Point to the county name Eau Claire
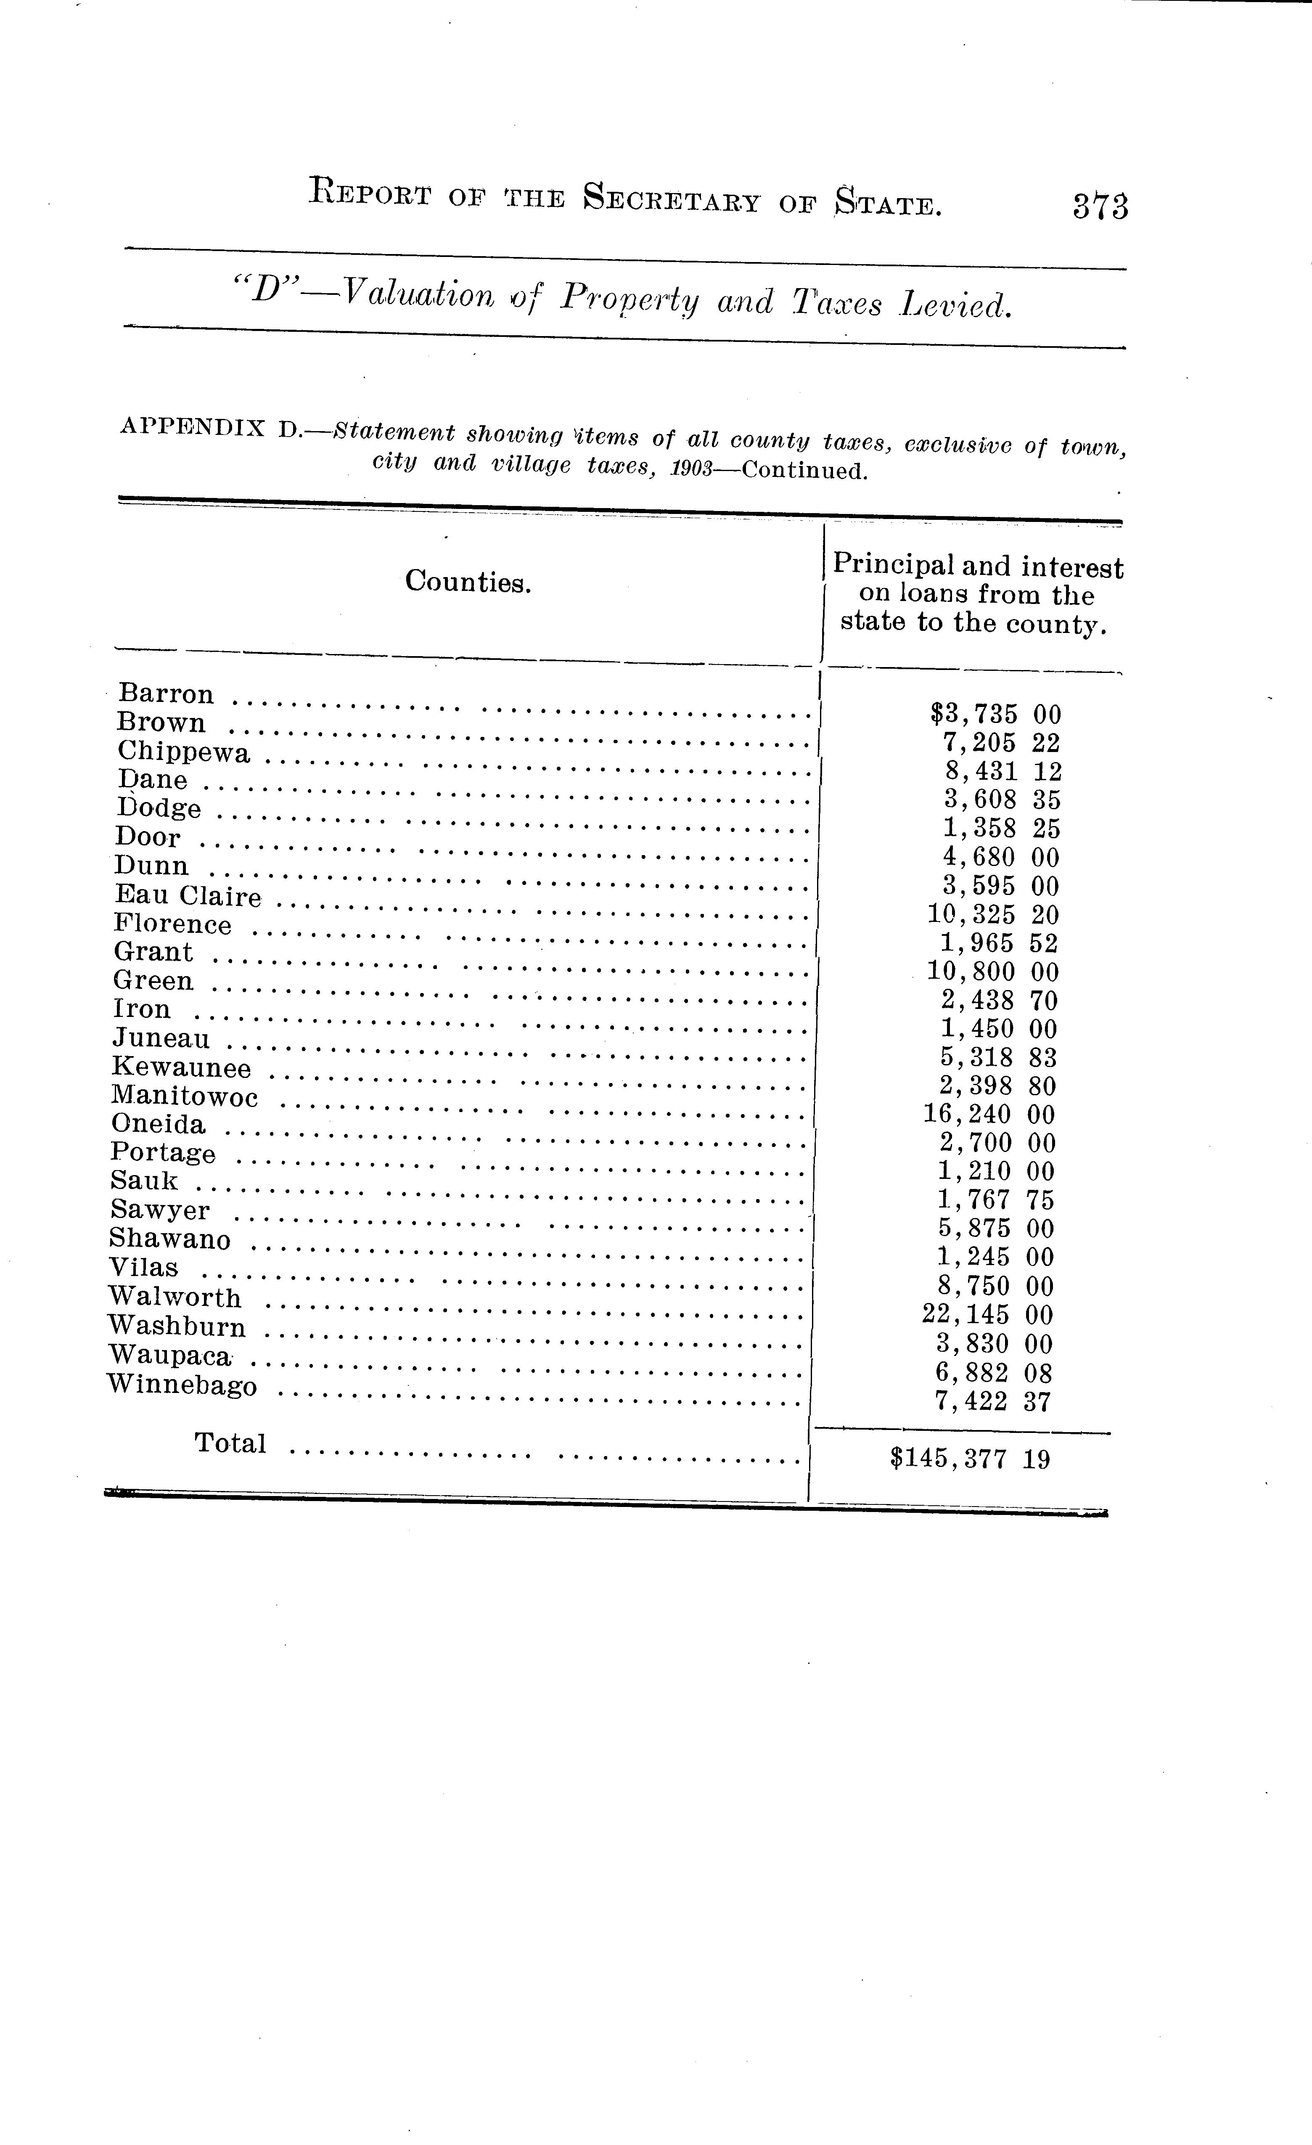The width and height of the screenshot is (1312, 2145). pyautogui.click(x=188, y=896)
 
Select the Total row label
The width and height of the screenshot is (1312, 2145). pyautogui.click(x=230, y=1443)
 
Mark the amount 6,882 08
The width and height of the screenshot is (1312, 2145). pyautogui.click(x=992, y=1373)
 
